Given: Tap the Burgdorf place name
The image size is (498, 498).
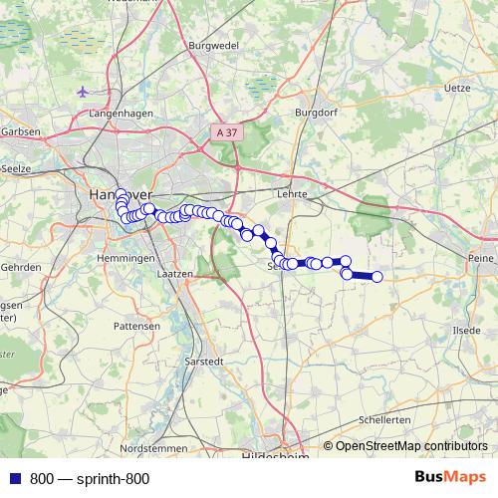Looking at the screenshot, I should [317, 113].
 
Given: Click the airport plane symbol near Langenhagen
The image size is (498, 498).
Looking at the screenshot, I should [82, 92].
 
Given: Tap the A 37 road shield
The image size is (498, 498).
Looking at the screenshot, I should [227, 131].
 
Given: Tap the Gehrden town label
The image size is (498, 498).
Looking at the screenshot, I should [21, 267].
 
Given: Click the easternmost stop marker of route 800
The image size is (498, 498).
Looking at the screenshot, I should [377, 277].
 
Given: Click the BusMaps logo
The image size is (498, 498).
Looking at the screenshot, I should [449, 477].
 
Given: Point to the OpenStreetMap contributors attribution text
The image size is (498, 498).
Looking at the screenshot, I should [410, 445].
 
